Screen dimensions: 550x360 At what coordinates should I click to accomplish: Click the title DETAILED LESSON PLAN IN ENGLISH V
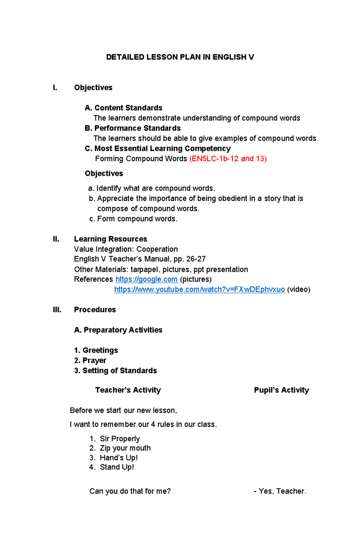pyautogui.click(x=180, y=57)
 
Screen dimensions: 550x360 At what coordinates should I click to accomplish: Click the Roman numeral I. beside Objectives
pyautogui.click(x=55, y=88)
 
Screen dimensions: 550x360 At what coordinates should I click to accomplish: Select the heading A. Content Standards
pyautogui.click(x=124, y=108)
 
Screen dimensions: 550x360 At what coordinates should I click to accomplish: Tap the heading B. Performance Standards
pyautogui.click(x=133, y=128)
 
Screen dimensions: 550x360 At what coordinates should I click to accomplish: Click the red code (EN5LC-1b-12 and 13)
pyautogui.click(x=228, y=159)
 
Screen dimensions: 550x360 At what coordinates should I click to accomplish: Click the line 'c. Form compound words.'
pyautogui.click(x=133, y=219)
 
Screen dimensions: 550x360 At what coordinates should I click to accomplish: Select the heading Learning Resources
pyautogui.click(x=110, y=239)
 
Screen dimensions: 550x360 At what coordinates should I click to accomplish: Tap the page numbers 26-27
pyautogui.click(x=196, y=259)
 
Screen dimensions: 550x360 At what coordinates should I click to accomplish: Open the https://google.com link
pyautogui.click(x=146, y=279)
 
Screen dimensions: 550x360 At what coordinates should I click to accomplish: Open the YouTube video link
pyautogui.click(x=199, y=290)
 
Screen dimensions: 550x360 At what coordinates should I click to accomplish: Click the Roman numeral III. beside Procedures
pyautogui.click(x=57, y=310)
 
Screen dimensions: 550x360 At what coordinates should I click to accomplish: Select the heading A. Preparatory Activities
pyautogui.click(x=118, y=330)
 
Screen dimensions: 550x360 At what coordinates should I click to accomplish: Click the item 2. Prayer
pyautogui.click(x=90, y=360)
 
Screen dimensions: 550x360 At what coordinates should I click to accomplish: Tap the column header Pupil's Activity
pyautogui.click(x=281, y=390)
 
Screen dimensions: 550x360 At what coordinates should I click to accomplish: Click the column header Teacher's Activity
pyautogui.click(x=128, y=390)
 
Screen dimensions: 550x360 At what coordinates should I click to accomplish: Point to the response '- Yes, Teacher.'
pyautogui.click(x=280, y=491)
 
